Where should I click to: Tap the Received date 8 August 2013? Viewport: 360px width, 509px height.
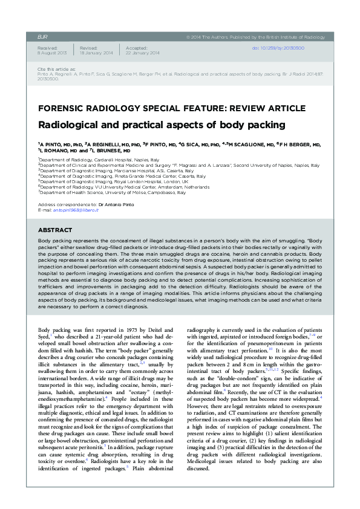coord(50,53)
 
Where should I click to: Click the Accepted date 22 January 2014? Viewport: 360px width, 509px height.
coord(143,53)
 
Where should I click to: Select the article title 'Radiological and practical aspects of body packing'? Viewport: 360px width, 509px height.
coord(161,126)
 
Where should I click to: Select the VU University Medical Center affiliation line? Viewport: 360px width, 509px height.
coord(124,186)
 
